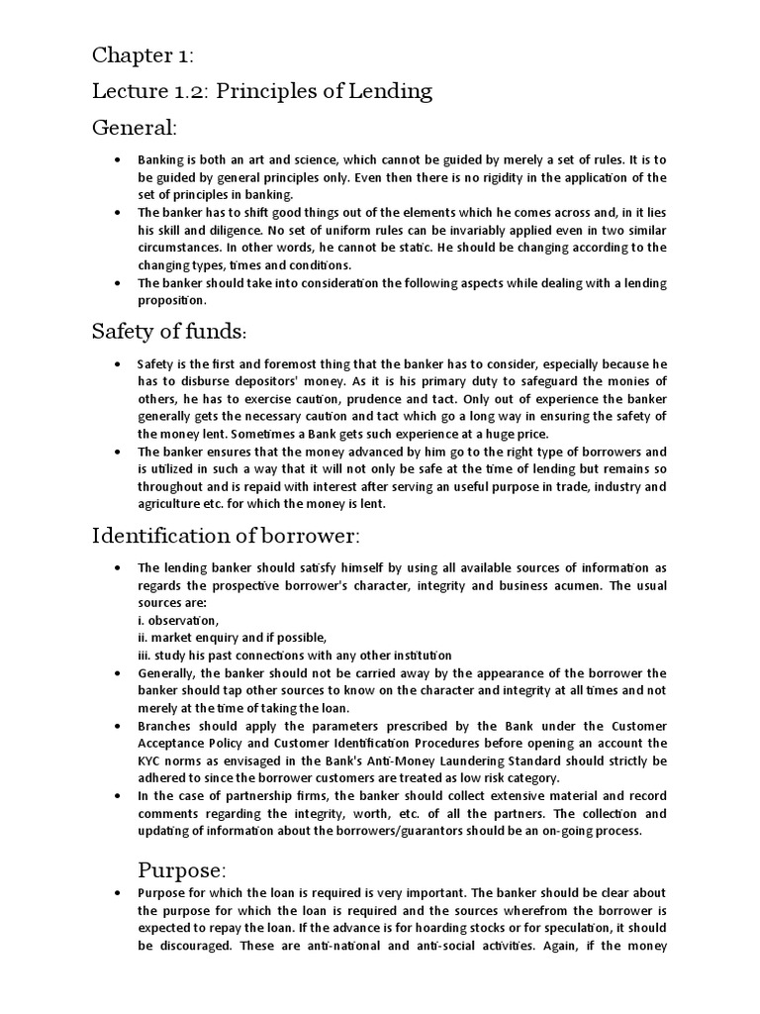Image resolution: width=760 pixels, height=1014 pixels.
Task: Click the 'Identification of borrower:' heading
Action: pos(227,536)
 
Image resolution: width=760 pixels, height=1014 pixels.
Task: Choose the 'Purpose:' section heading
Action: pos(182,870)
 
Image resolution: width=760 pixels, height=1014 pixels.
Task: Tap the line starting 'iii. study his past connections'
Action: pos(295,655)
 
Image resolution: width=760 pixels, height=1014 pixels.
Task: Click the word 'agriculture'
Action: pos(171,504)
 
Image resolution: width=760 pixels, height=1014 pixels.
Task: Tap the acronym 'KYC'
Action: pos(151,760)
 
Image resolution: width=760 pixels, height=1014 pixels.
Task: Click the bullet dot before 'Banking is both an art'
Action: pos(119,159)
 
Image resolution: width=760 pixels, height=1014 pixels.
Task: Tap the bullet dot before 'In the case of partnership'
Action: pos(119,795)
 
